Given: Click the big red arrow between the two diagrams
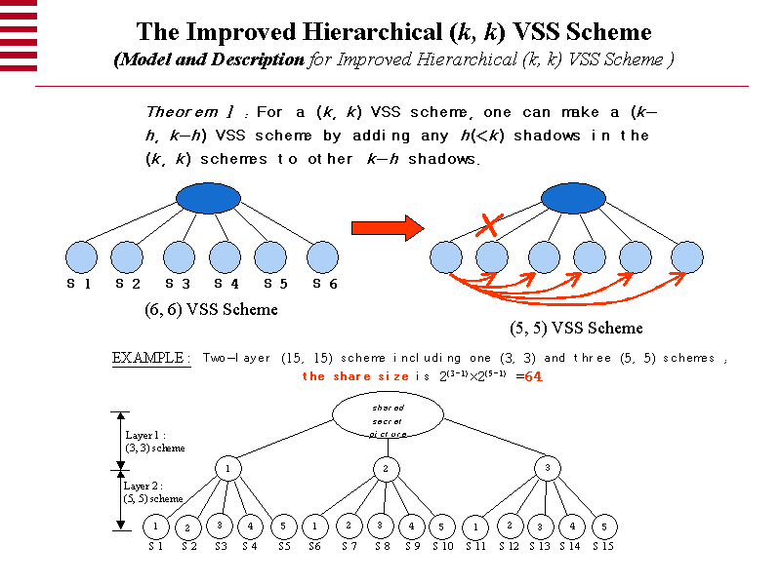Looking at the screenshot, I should pyautogui.click(x=388, y=228).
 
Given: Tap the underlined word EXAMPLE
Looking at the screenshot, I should pyautogui.click(x=151, y=358).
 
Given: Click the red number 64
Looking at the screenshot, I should pyautogui.click(x=534, y=375).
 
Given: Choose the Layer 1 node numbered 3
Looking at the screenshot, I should pyautogui.click(x=548, y=469).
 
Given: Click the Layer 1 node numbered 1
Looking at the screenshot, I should pyautogui.click(x=228, y=469).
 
